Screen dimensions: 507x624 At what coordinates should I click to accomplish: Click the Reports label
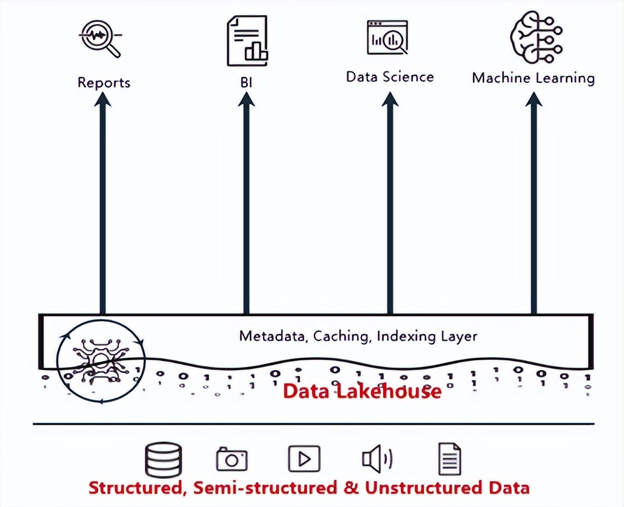pyautogui.click(x=104, y=82)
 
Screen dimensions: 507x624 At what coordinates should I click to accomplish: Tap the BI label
pyautogui.click(x=246, y=81)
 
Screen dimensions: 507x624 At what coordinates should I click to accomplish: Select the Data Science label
pyautogui.click(x=390, y=77)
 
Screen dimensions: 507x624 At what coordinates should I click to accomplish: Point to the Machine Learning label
pyautogui.click(x=533, y=78)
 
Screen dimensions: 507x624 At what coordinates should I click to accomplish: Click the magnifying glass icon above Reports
pyautogui.click(x=101, y=37)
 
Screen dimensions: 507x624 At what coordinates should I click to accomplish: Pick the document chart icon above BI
pyautogui.click(x=247, y=40)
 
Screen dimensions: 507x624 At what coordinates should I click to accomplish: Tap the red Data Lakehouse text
pyautogui.click(x=362, y=391)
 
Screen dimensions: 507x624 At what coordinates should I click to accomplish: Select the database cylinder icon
pyautogui.click(x=164, y=460)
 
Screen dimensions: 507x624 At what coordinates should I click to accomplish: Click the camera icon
pyautogui.click(x=232, y=459)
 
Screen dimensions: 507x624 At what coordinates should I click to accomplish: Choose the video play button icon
pyautogui.click(x=304, y=459)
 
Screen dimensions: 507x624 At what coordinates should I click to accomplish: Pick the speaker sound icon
pyautogui.click(x=377, y=459)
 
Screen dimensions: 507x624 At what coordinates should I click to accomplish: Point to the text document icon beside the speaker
pyautogui.click(x=449, y=459)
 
